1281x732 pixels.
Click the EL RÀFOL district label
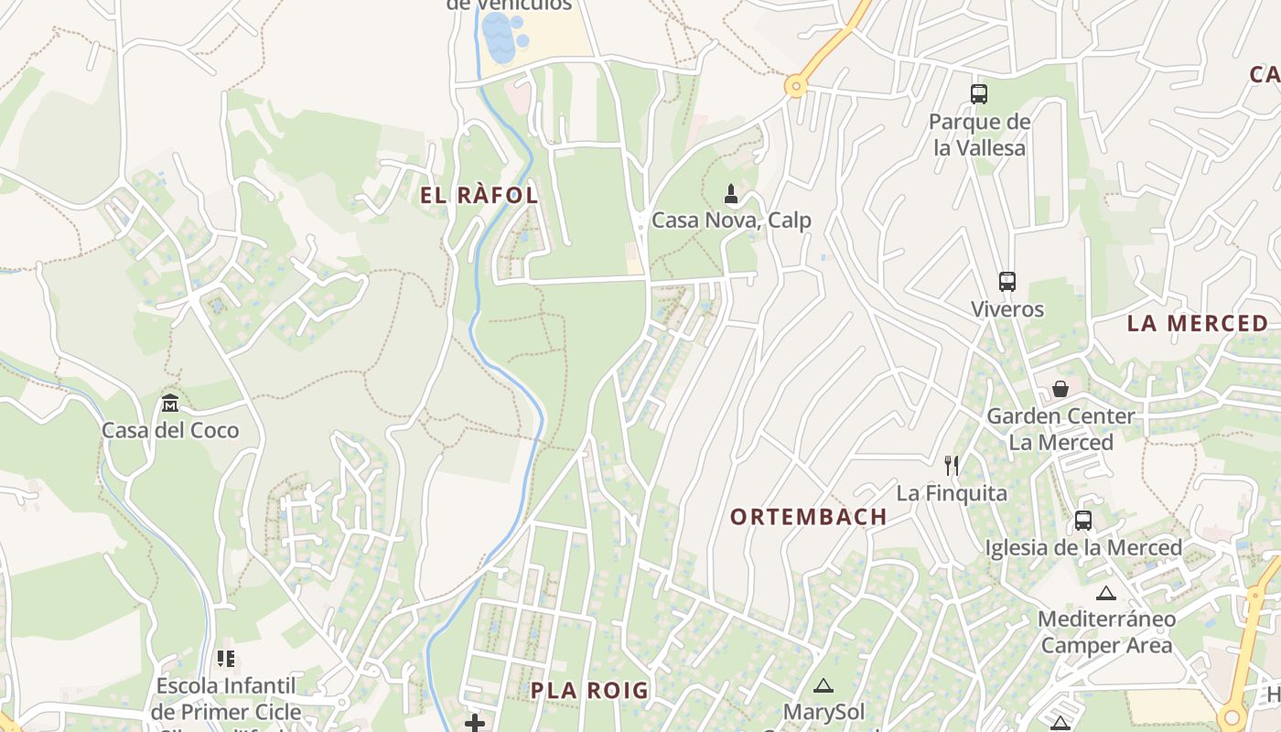(x=479, y=195)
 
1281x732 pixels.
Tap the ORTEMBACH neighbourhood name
(x=808, y=517)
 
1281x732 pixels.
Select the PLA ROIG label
(x=589, y=691)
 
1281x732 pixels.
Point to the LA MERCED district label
(x=1197, y=323)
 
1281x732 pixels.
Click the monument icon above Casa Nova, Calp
(x=731, y=193)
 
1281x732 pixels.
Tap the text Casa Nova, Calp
(x=731, y=221)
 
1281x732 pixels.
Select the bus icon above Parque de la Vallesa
(x=979, y=93)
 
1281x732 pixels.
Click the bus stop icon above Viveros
(x=1007, y=282)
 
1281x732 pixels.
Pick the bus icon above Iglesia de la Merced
(x=1083, y=521)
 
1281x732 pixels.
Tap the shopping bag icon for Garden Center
(x=1060, y=389)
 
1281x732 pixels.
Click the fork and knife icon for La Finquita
(x=952, y=466)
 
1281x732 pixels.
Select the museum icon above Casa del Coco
(x=170, y=403)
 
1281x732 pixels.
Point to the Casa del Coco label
(x=170, y=430)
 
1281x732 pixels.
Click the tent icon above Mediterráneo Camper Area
(x=1106, y=593)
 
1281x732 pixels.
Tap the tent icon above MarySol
(x=823, y=685)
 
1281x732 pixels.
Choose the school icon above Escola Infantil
(x=226, y=658)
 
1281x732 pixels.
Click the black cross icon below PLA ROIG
(x=474, y=724)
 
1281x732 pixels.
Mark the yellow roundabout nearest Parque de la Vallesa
(x=796, y=87)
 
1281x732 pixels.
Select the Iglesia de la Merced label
(x=1083, y=547)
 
